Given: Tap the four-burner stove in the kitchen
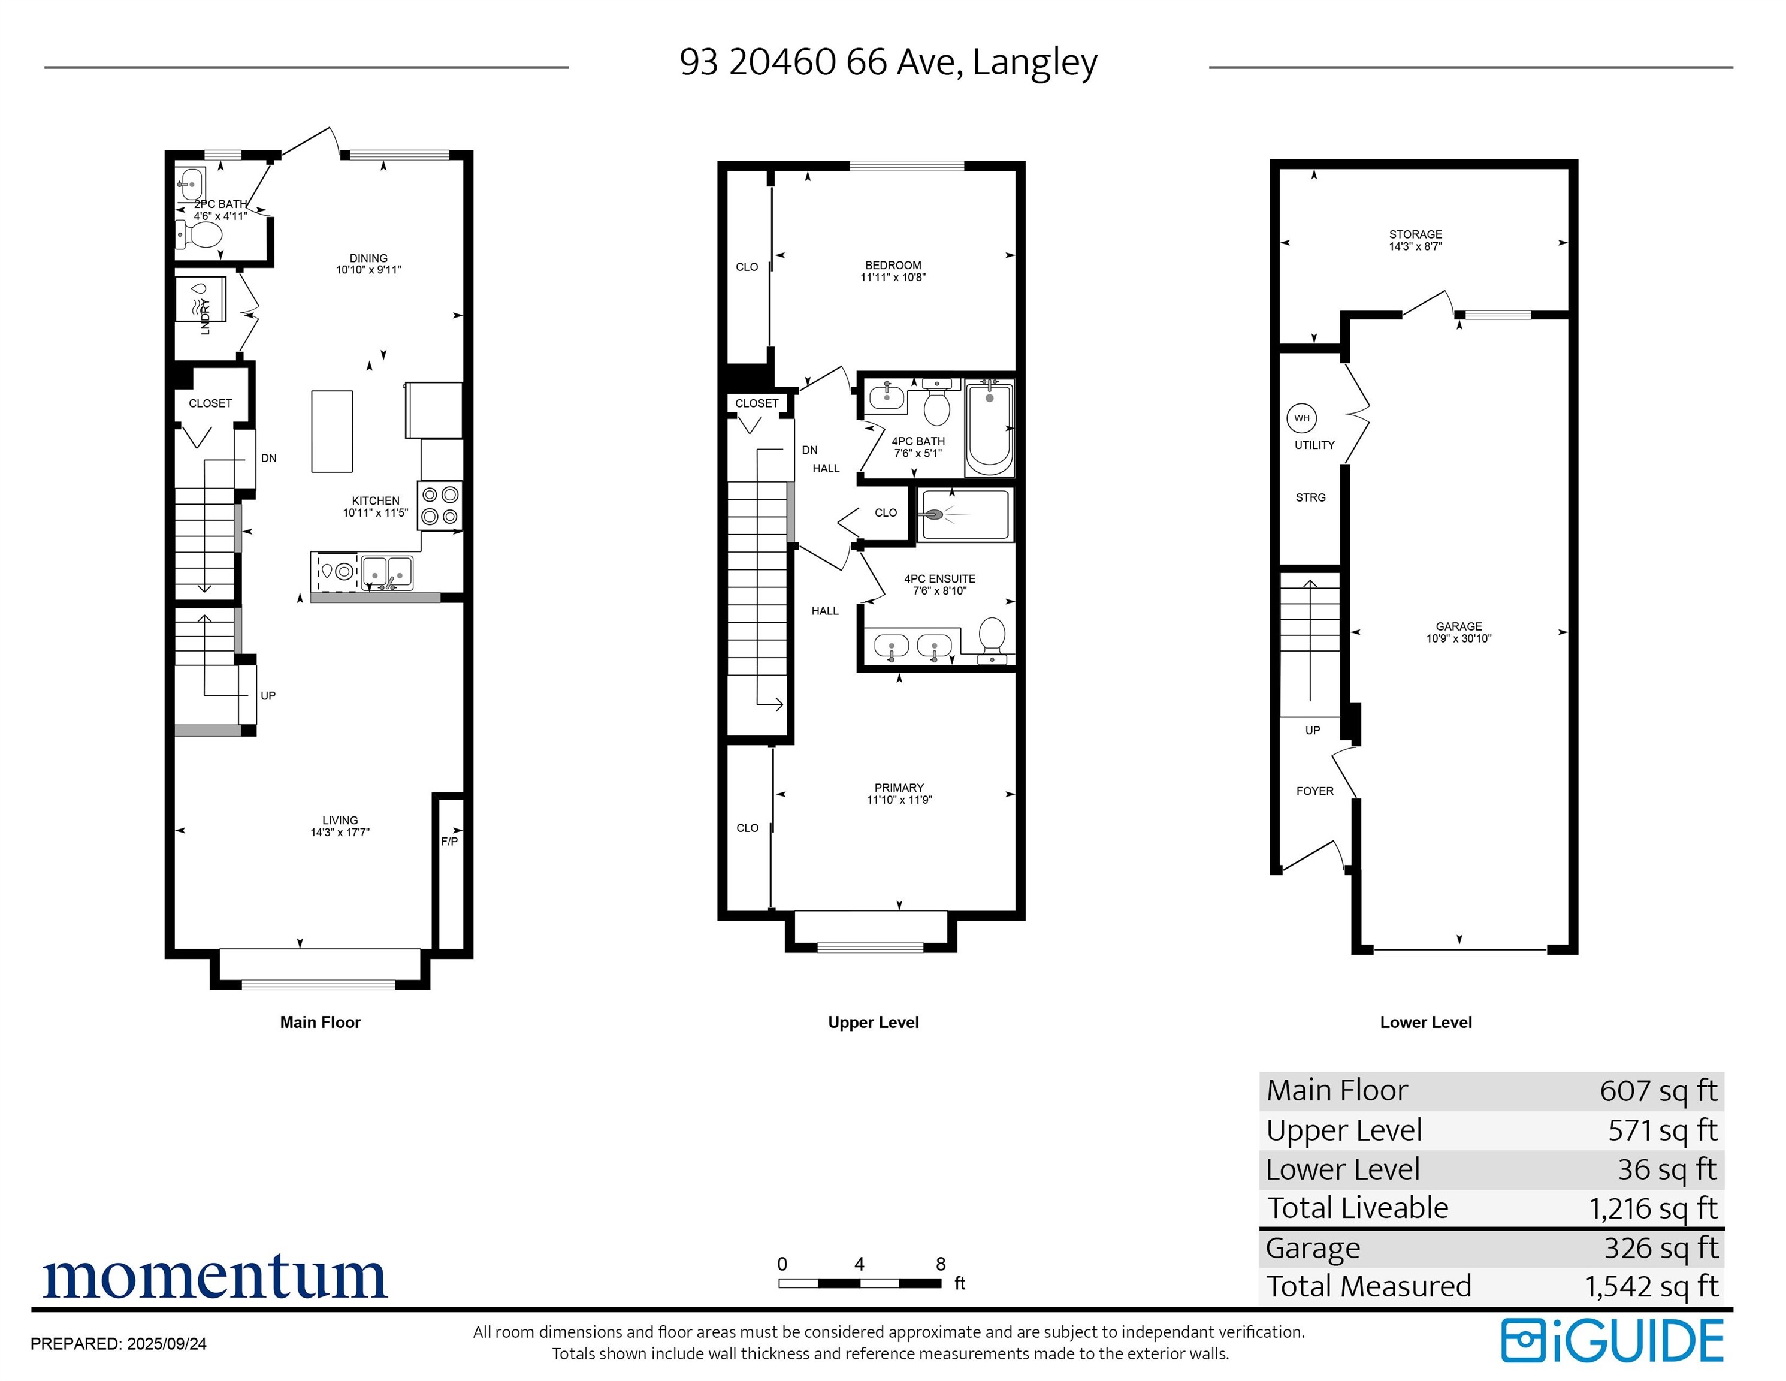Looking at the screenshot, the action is pos(440,506).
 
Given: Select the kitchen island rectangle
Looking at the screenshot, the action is pos(332,431).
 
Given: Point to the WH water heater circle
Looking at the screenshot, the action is pos(1301,418).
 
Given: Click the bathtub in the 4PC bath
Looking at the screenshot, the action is pos(990,429).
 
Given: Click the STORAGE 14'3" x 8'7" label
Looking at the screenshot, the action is pos(1416,240).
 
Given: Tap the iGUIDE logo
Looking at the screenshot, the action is pos(1613,1341).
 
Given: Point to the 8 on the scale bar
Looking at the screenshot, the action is pos(941,1264).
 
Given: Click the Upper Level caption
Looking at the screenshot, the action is pos(874,1023).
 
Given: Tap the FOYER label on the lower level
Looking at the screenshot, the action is pos(1315,791).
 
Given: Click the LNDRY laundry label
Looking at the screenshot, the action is pos(206,316).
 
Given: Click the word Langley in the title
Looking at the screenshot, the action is pos(1035,62).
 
